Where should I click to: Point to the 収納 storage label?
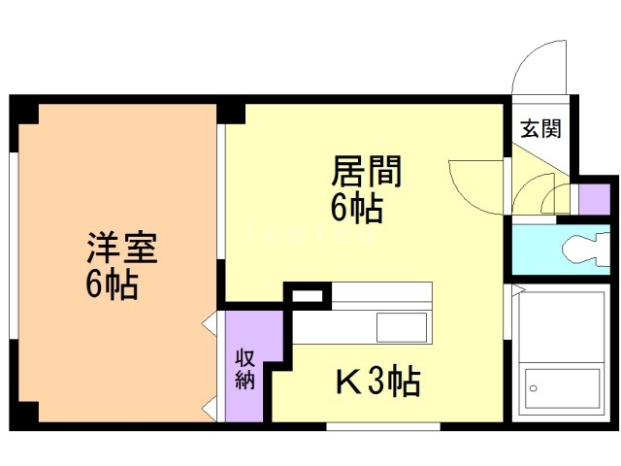click(x=245, y=368)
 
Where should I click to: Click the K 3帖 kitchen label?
click(x=377, y=383)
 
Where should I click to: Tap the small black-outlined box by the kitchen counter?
click(x=307, y=293)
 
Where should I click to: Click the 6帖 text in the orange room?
click(x=110, y=285)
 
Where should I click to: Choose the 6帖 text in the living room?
click(x=356, y=207)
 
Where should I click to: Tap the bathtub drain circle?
click(x=533, y=388)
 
